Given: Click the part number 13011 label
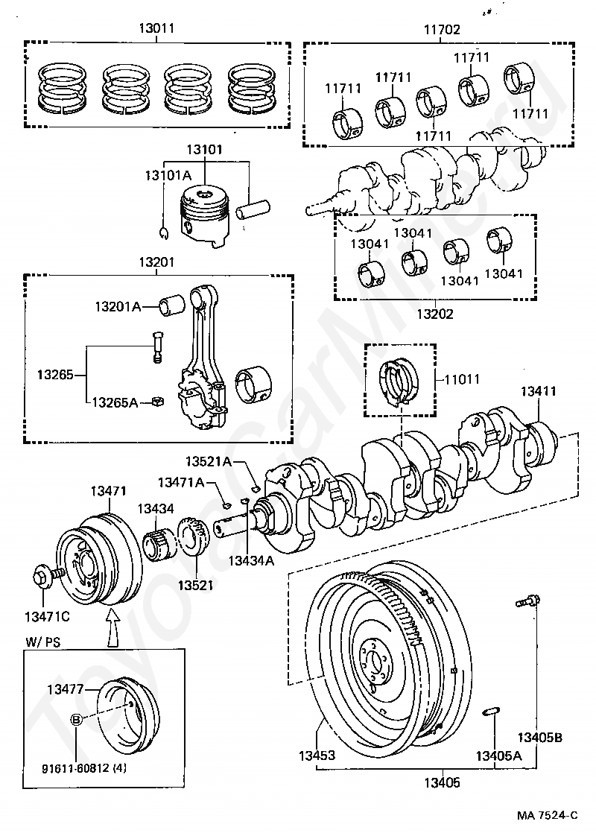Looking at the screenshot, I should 156,30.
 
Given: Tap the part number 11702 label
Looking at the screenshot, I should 442,30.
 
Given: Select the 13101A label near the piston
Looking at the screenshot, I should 168,174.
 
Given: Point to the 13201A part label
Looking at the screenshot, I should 118,306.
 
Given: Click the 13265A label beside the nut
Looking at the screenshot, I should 115,402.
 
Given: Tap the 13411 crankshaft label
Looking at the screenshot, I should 538,390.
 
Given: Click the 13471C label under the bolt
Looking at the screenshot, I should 46,616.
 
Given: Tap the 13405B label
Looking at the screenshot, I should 541,738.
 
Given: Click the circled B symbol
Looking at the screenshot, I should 77,720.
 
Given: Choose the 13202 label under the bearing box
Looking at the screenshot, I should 434,314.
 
